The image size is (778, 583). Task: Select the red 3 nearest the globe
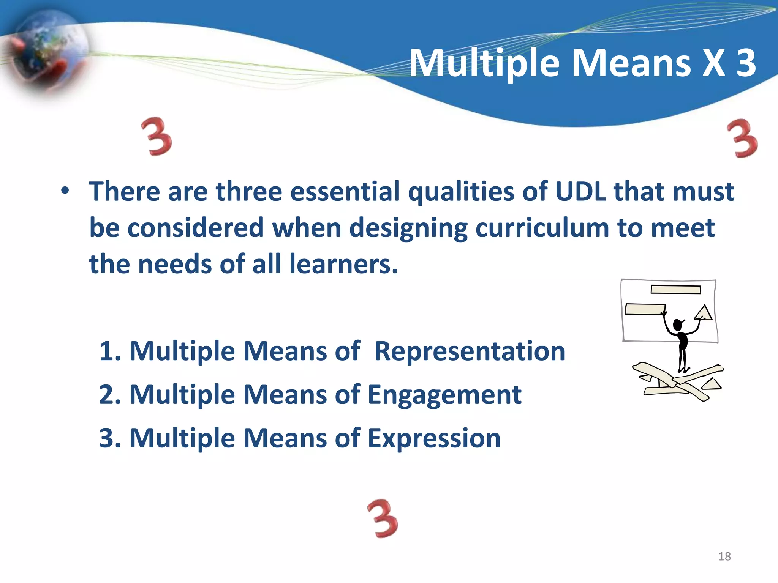pos(157,137)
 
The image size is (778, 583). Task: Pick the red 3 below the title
pos(743,139)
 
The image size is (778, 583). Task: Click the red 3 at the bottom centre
pos(383,519)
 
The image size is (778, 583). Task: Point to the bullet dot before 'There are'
pos(65,191)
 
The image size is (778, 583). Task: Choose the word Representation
pos(470,351)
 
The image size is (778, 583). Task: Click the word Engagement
pos(444,394)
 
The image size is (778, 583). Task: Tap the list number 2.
pos(109,394)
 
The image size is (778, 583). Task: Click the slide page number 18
pos(724,556)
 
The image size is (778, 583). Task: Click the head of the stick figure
pos(678,325)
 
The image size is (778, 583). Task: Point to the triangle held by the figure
pos(704,313)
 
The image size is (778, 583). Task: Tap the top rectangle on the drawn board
pos(675,290)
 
